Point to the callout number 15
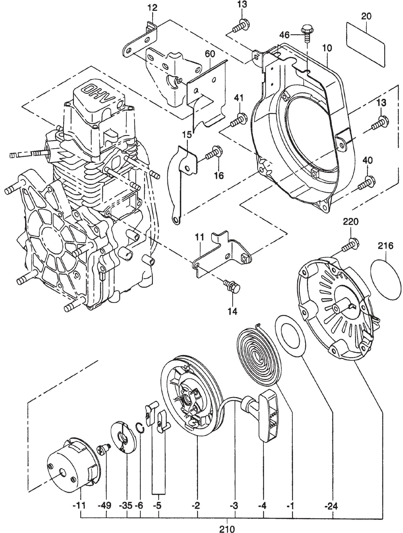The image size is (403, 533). [187, 135]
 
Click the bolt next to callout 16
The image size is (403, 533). [213, 152]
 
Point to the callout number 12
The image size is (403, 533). [152, 8]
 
